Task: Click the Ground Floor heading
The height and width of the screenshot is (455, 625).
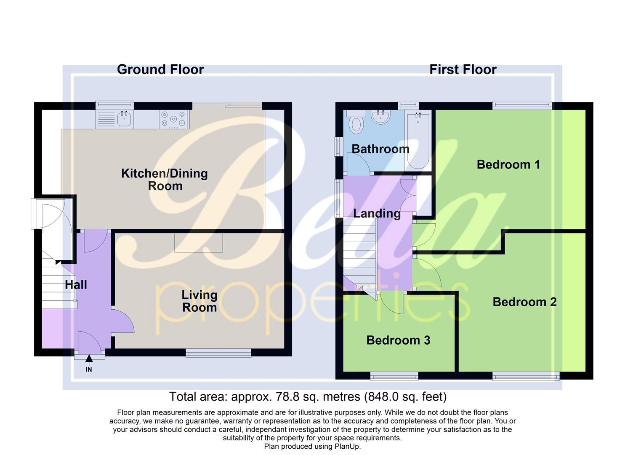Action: click(x=160, y=70)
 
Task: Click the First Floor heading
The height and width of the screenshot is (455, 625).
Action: click(x=463, y=70)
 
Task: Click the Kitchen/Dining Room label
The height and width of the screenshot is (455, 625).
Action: click(x=165, y=179)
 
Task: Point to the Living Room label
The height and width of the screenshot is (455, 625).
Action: click(x=199, y=301)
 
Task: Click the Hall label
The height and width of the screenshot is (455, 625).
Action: click(x=76, y=285)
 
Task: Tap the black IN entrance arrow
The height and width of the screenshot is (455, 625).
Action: click(x=89, y=359)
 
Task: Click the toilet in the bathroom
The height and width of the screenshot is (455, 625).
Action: click(x=356, y=122)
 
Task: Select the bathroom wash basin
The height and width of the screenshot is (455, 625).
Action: click(x=382, y=117)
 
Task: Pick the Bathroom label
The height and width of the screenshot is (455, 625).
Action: click(x=380, y=149)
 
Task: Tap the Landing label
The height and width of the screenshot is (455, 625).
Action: click(x=377, y=214)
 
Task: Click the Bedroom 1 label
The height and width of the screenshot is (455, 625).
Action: click(x=508, y=165)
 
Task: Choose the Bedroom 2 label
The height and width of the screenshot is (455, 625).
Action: click(x=524, y=302)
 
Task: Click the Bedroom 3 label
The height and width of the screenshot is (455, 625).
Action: click(x=398, y=340)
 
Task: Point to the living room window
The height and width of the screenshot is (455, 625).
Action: click(x=218, y=353)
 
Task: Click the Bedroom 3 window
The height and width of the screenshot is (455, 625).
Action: click(x=394, y=376)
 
